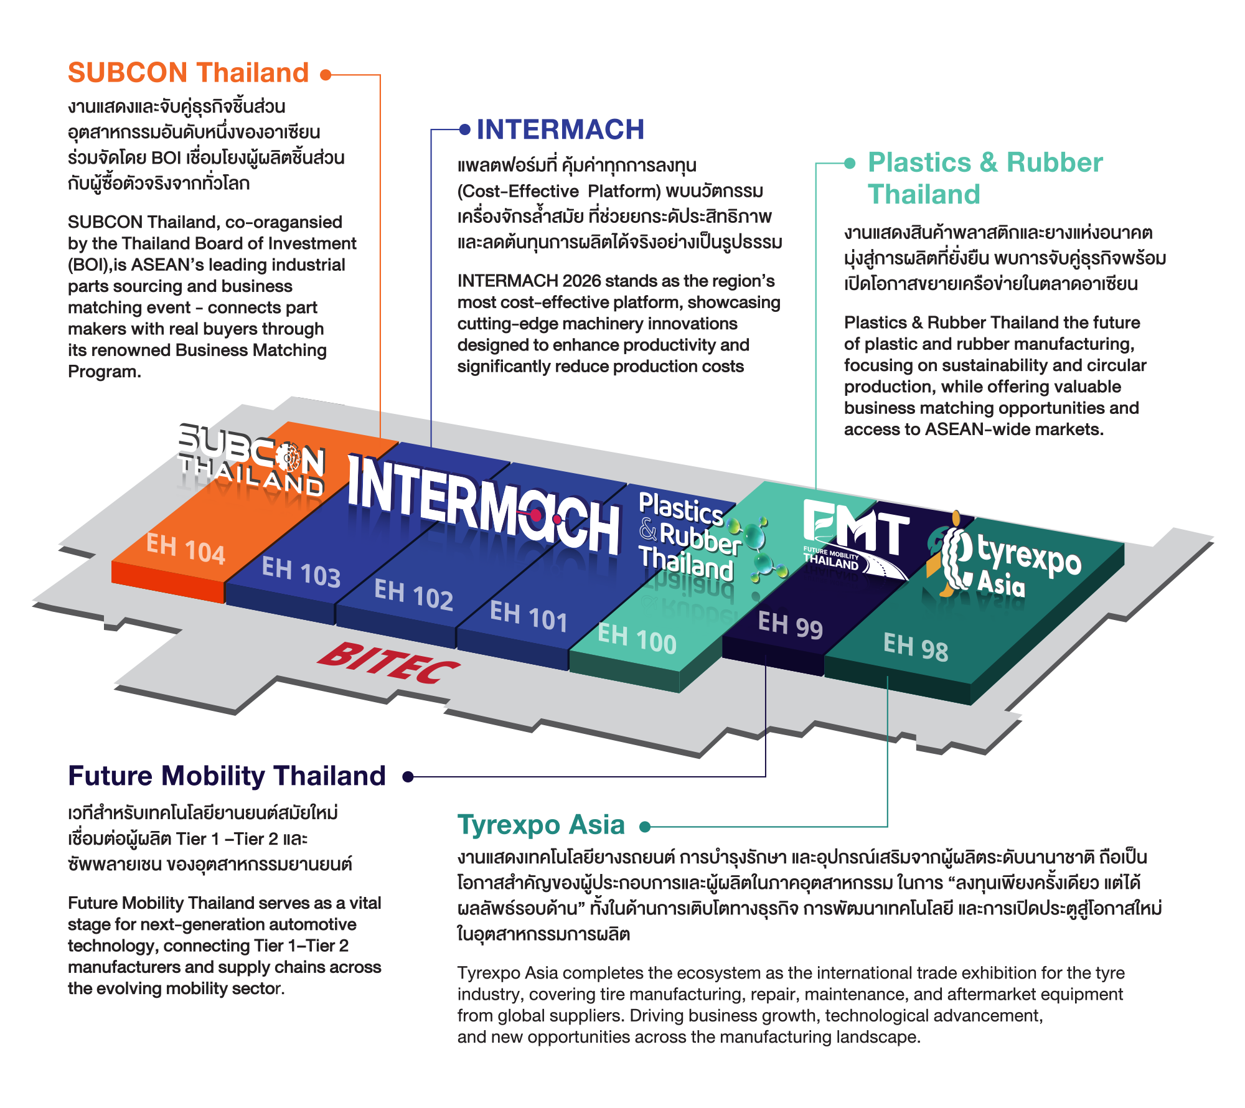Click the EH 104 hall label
point(186,549)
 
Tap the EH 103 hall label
point(301,571)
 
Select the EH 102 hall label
point(413,594)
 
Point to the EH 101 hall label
point(529,616)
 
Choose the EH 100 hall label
point(637,639)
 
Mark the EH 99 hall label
point(791,624)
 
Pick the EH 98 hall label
point(916,647)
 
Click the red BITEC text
point(388,664)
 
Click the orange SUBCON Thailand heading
point(189,73)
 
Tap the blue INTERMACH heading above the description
point(560,129)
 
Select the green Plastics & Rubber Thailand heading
point(985,178)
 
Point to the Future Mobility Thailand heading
point(227,776)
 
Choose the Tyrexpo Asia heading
point(541,825)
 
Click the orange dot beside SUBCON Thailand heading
point(326,75)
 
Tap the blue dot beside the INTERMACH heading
point(464,129)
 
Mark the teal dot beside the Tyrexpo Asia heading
point(645,827)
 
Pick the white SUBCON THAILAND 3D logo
point(250,461)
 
